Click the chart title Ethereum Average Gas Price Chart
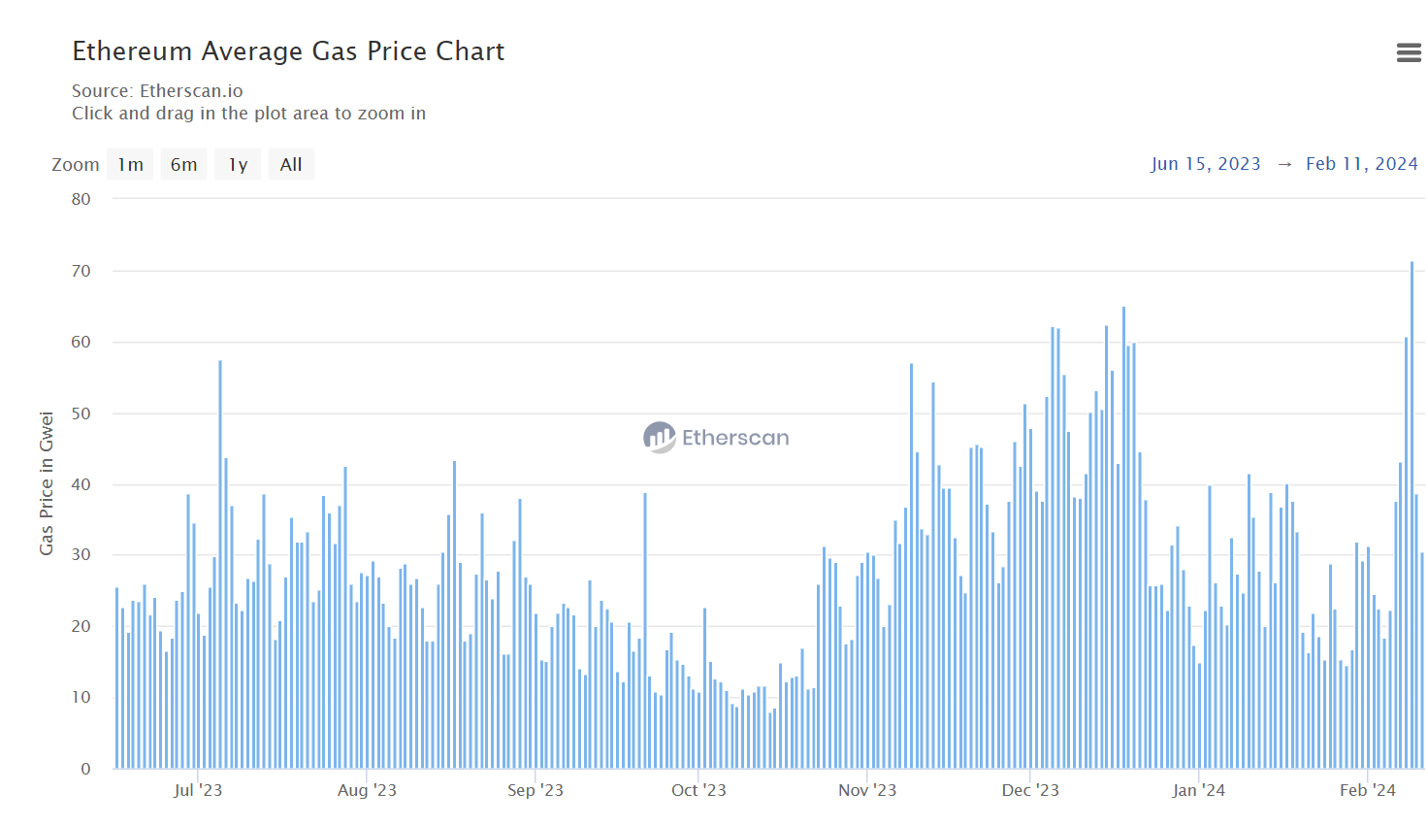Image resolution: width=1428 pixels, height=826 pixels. [x=288, y=51]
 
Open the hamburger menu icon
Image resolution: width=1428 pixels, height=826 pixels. [x=1409, y=52]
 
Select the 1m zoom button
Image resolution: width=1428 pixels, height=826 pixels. [x=130, y=165]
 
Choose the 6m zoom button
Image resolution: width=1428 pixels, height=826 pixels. [x=183, y=165]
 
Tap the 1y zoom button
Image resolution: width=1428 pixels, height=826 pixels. [x=238, y=165]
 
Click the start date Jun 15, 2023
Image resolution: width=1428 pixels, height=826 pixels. [x=1206, y=164]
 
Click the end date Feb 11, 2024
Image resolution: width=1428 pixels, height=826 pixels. [x=1361, y=164]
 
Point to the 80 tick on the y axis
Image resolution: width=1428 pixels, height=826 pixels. [x=81, y=200]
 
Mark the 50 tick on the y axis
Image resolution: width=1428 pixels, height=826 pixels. [x=81, y=413]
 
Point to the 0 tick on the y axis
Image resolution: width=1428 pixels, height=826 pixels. [x=85, y=769]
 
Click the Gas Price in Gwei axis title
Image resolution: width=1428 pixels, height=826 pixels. [x=47, y=483]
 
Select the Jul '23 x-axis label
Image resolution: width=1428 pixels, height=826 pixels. [x=198, y=790]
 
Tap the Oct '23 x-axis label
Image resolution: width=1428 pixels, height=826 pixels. [x=698, y=790]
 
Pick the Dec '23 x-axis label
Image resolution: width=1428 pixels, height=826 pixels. [x=1030, y=790]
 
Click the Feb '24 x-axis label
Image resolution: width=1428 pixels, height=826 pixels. [x=1367, y=790]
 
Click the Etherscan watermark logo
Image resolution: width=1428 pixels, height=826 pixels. [x=716, y=438]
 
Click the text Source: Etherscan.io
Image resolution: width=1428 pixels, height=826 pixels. [x=157, y=91]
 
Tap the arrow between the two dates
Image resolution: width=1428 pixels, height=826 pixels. [x=1284, y=164]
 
